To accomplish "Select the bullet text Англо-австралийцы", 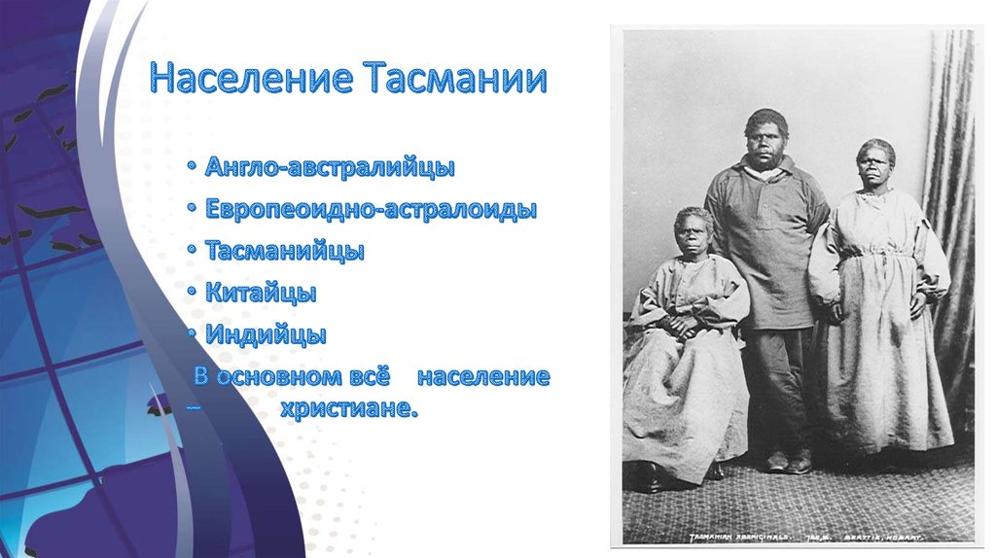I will [330, 168].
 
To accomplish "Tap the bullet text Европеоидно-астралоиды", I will [371, 210].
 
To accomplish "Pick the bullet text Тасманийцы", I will [285, 252].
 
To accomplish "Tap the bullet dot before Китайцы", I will [195, 294].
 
